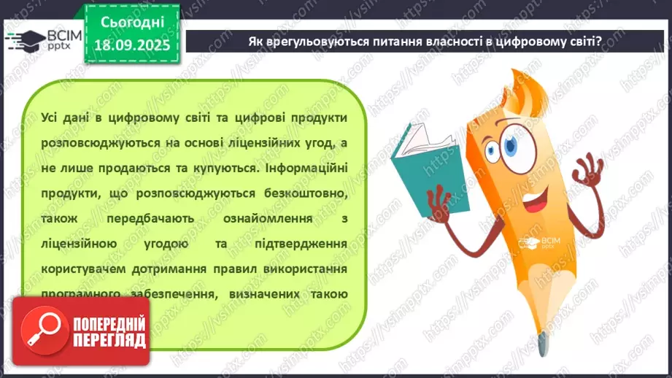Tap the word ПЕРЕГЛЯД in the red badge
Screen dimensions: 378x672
[109, 340]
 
